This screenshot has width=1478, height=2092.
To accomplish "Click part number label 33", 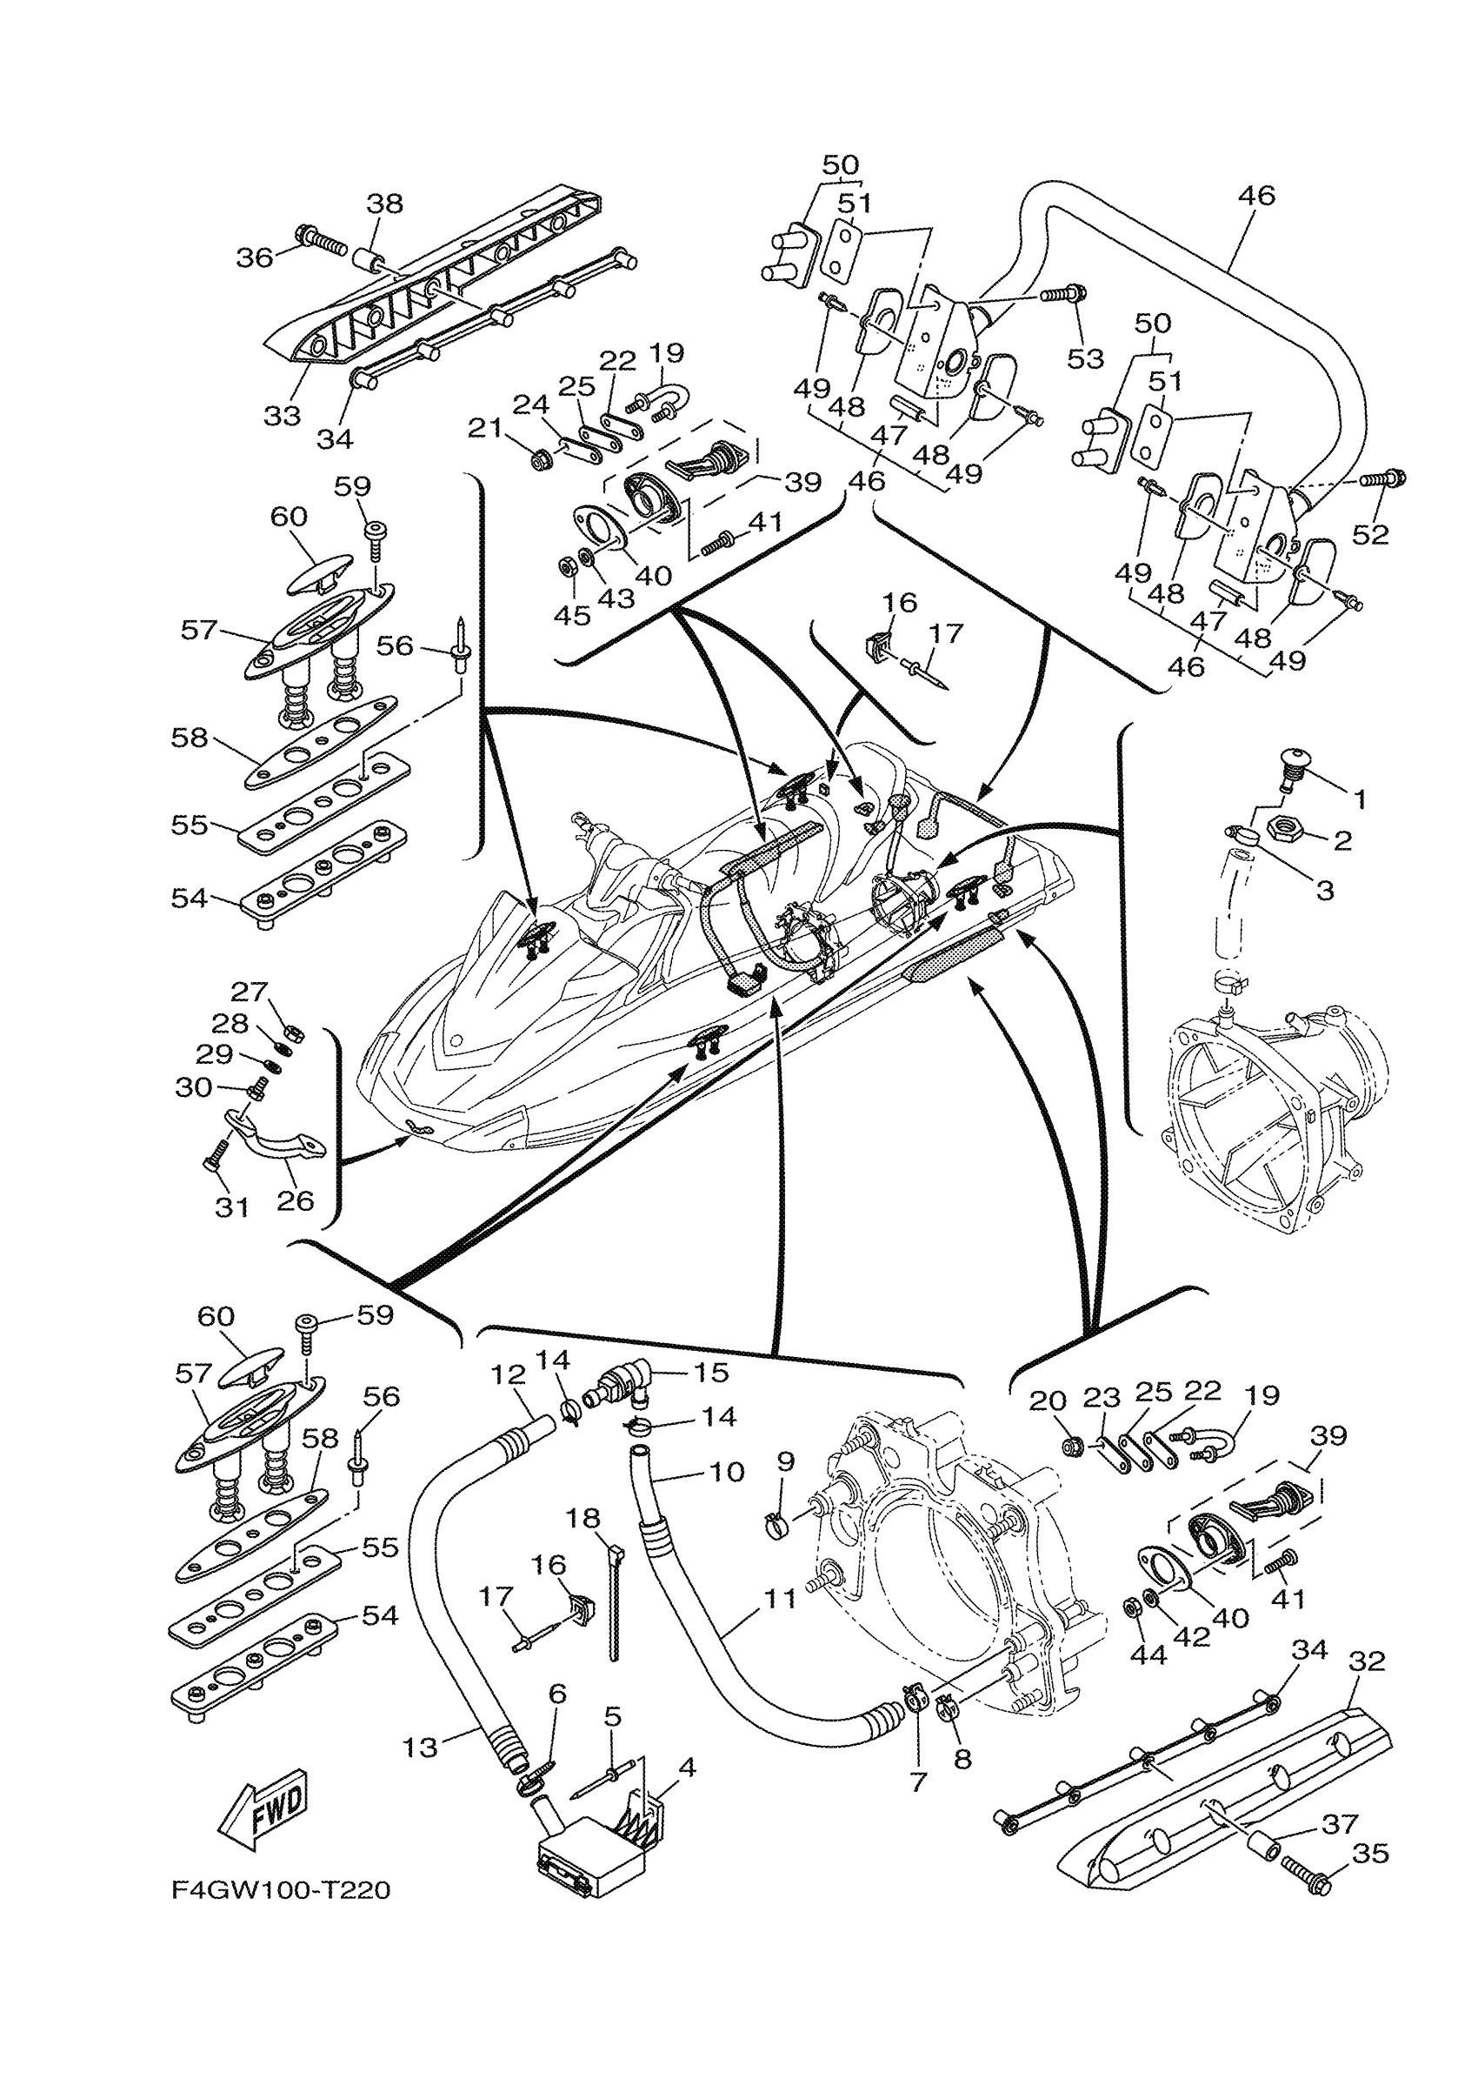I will coord(283,416).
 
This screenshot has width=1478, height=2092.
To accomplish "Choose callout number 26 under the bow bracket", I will coord(296,1200).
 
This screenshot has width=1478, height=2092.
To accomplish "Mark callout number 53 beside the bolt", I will coord(1086,358).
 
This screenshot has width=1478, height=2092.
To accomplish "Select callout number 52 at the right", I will coord(1369,534).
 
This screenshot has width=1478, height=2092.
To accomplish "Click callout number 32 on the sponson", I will coord(1367,1660).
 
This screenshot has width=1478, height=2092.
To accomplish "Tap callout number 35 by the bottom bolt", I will coord(1370,1853).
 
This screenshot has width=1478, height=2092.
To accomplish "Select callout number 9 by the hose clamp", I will coord(786,1486).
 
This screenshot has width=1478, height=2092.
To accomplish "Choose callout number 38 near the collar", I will coord(384,204).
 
